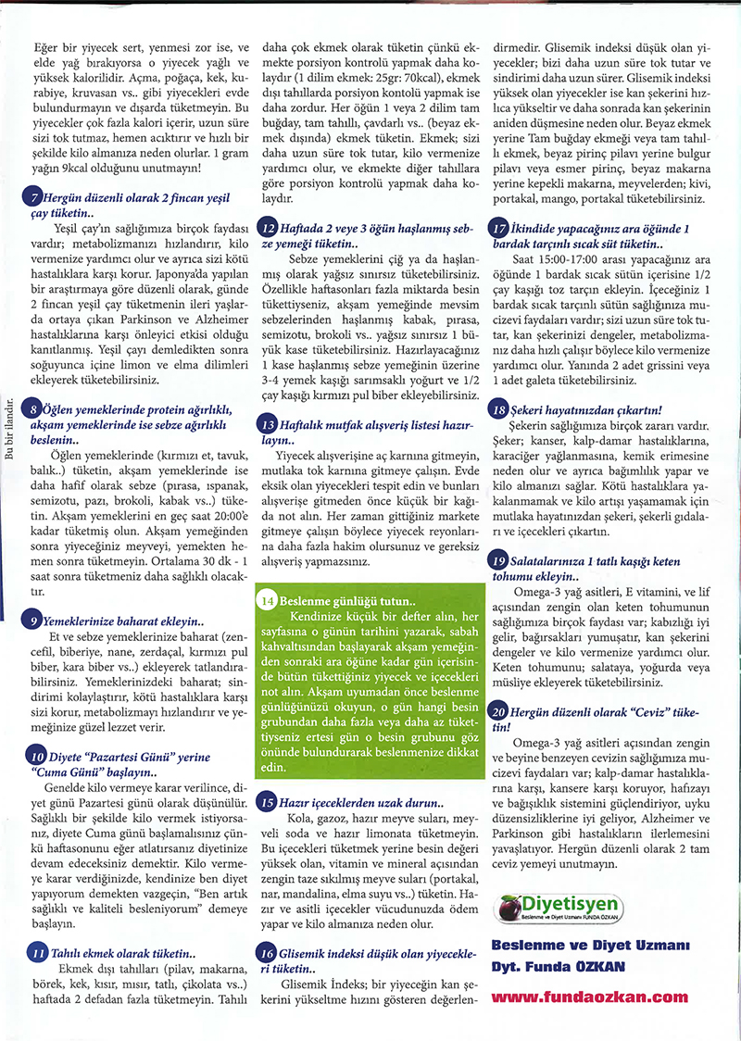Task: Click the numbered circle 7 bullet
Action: click(34, 197)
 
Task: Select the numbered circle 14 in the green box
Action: click(267, 600)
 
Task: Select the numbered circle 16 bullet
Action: click(267, 951)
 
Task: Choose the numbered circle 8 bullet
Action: click(34, 408)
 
